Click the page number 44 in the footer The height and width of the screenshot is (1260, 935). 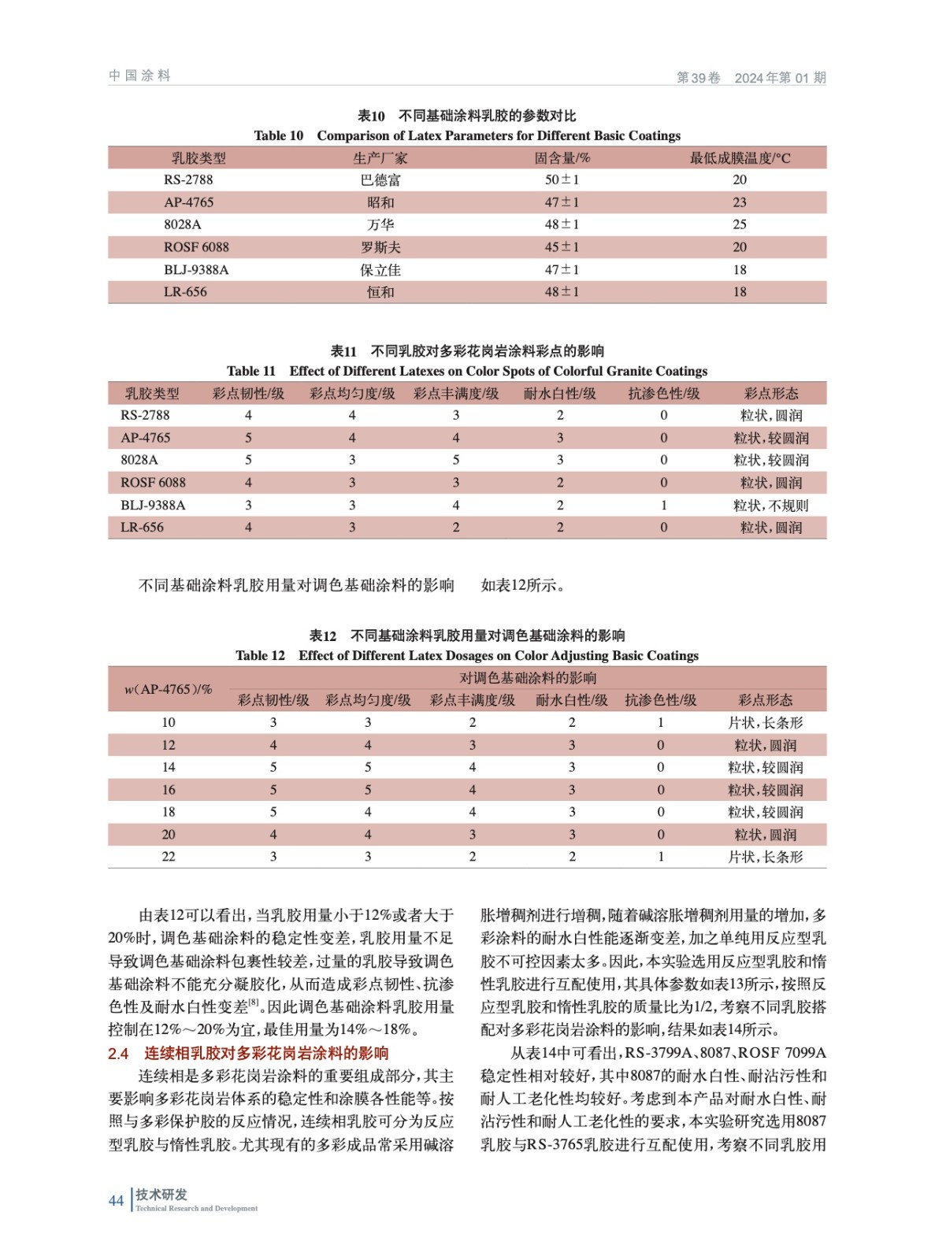(116, 1200)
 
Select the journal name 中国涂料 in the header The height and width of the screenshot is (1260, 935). (139, 76)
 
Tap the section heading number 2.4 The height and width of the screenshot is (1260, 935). (118, 1054)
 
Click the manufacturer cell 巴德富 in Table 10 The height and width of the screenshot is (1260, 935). (380, 180)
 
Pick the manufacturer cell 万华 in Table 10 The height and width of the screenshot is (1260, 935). (380, 224)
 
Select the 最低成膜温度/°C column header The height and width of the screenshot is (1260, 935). (740, 158)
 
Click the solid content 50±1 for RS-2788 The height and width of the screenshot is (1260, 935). (562, 180)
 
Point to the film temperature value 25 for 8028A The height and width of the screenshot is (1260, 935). (740, 224)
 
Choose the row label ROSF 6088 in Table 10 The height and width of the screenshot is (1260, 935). (196, 247)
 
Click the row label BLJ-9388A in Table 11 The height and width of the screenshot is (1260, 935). (153, 506)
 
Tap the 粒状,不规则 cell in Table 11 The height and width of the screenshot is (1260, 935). (770, 506)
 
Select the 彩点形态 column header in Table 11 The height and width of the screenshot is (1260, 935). (771, 394)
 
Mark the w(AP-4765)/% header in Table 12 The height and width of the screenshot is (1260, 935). (168, 689)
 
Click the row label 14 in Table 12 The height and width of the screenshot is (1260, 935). (169, 767)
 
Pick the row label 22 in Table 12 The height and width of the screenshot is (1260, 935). (169, 857)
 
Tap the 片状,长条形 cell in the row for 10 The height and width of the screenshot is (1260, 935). (765, 723)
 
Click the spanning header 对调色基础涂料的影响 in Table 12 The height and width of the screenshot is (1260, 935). (528, 678)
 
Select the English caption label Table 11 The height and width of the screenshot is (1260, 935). (251, 371)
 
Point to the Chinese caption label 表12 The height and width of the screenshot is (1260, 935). (322, 636)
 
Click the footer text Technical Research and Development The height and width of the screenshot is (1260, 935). (196, 1208)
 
